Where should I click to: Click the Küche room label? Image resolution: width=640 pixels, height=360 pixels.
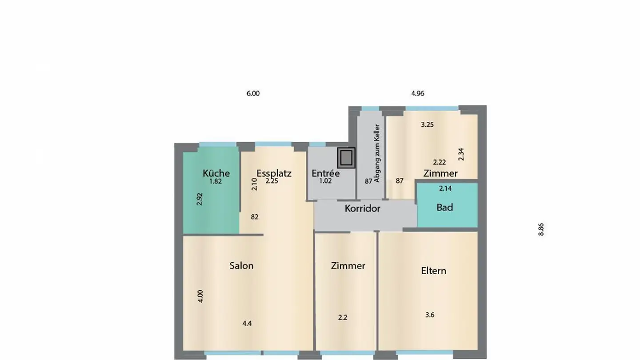click(x=216, y=173)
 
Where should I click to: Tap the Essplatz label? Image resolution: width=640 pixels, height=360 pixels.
click(x=274, y=173)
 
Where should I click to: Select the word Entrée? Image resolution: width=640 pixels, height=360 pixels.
click(x=325, y=173)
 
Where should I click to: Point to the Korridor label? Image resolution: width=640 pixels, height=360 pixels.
click(x=363, y=208)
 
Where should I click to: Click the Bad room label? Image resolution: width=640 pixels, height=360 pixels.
click(x=444, y=207)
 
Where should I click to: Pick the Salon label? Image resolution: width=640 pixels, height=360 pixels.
click(x=241, y=266)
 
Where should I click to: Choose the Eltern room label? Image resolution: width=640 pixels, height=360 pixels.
click(x=433, y=271)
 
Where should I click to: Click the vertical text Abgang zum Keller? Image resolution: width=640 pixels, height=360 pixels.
click(x=377, y=153)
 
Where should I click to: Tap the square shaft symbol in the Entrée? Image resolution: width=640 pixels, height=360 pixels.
click(x=346, y=158)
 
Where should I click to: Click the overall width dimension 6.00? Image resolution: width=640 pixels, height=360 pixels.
click(x=253, y=93)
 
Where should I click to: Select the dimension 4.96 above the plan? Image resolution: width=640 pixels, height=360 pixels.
click(x=418, y=93)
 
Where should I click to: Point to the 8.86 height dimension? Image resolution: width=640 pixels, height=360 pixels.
click(x=541, y=229)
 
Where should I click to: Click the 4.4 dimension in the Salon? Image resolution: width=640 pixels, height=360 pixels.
click(x=247, y=324)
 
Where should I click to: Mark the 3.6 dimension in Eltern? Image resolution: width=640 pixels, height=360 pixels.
click(x=430, y=315)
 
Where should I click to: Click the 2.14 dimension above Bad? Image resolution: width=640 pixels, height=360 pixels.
click(x=445, y=188)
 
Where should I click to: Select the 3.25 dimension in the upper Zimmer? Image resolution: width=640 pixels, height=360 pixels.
click(x=427, y=124)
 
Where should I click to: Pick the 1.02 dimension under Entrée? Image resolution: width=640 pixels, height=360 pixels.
click(x=325, y=181)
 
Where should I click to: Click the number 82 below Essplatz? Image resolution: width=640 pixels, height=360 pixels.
click(x=255, y=217)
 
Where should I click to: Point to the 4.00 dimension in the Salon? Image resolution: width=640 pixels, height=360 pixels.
click(x=200, y=296)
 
